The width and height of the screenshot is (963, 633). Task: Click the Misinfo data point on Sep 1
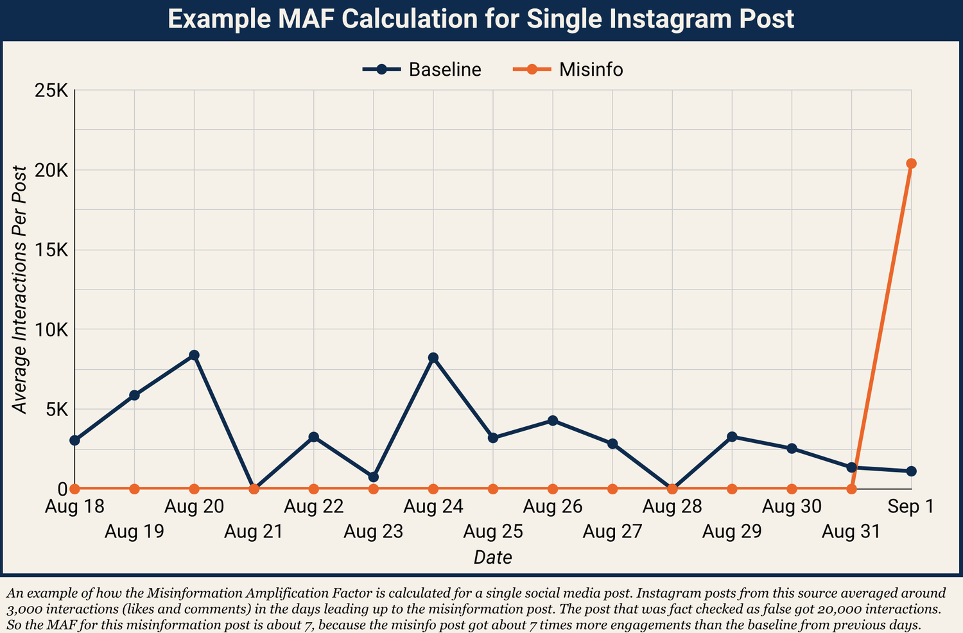[911, 164]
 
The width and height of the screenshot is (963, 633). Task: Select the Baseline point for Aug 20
[194, 355]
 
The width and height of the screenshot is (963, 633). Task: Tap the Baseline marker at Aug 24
[433, 358]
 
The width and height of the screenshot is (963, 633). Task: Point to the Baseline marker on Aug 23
[374, 477]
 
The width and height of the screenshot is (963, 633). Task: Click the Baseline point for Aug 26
[553, 421]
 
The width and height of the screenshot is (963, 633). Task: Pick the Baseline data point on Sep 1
[911, 471]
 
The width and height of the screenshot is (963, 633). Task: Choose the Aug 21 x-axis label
[254, 532]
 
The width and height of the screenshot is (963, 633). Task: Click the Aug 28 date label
[672, 507]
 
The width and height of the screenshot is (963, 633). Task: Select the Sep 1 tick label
[911, 507]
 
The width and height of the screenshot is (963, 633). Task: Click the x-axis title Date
[492, 557]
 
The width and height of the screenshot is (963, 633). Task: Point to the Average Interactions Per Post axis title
[21, 290]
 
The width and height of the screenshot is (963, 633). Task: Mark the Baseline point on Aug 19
[134, 395]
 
